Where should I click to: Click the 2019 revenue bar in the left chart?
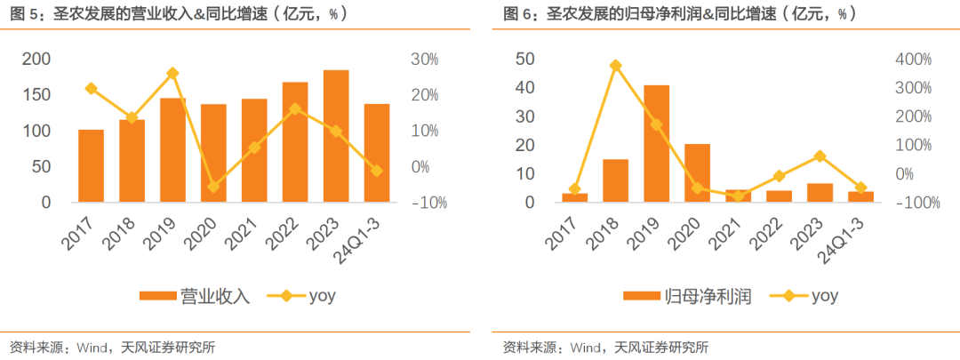click(x=172, y=150)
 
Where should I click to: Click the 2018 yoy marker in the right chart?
click(x=615, y=66)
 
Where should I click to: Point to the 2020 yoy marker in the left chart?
click(x=213, y=187)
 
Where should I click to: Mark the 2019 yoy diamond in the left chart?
click(x=172, y=73)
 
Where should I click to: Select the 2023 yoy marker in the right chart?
click(x=820, y=156)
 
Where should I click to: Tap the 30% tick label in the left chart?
click(x=424, y=59)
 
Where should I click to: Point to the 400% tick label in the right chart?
click(x=911, y=59)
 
